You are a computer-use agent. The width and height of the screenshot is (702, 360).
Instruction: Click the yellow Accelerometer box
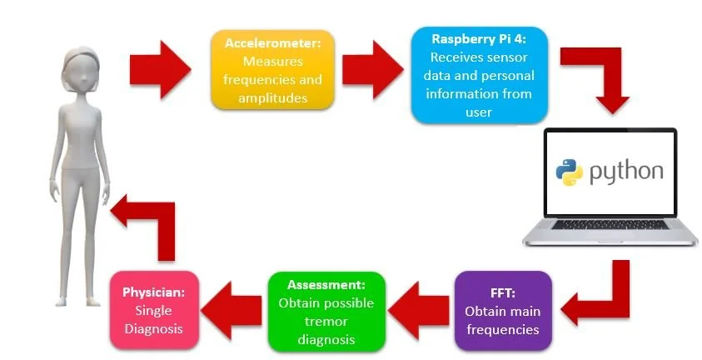(273, 69)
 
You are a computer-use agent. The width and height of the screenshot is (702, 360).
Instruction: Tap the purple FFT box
(502, 308)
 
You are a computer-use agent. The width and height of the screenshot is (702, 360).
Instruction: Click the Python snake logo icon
(570, 172)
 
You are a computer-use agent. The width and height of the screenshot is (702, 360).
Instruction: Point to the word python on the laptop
(626, 172)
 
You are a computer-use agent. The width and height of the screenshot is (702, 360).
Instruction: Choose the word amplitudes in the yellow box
(273, 97)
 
